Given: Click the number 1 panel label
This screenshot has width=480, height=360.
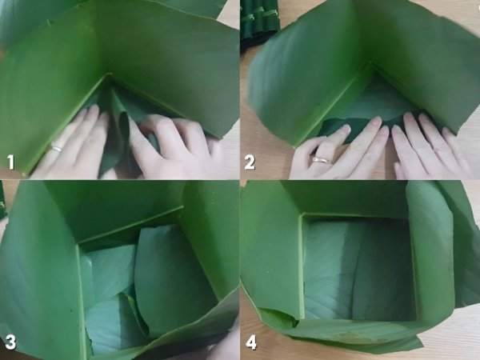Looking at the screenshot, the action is [x=11, y=162].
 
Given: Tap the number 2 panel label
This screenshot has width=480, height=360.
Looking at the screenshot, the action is [x=249, y=162].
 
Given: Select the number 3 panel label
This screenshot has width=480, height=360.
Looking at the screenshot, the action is [x=10, y=342].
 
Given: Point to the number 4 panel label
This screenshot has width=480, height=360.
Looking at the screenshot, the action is [x=250, y=342].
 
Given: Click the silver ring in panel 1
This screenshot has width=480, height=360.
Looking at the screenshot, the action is [x=57, y=149].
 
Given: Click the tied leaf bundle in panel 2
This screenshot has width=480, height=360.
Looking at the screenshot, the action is [x=259, y=18].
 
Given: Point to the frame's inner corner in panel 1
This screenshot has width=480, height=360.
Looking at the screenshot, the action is [x=110, y=74].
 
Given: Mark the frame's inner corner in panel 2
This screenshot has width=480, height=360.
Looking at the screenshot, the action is [x=370, y=64].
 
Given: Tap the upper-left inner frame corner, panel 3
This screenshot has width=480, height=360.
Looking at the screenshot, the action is [x=78, y=245].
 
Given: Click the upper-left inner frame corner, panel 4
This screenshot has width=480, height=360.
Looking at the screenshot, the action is [x=302, y=215].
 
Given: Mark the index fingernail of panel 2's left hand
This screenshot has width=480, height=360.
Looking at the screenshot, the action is [x=346, y=128].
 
